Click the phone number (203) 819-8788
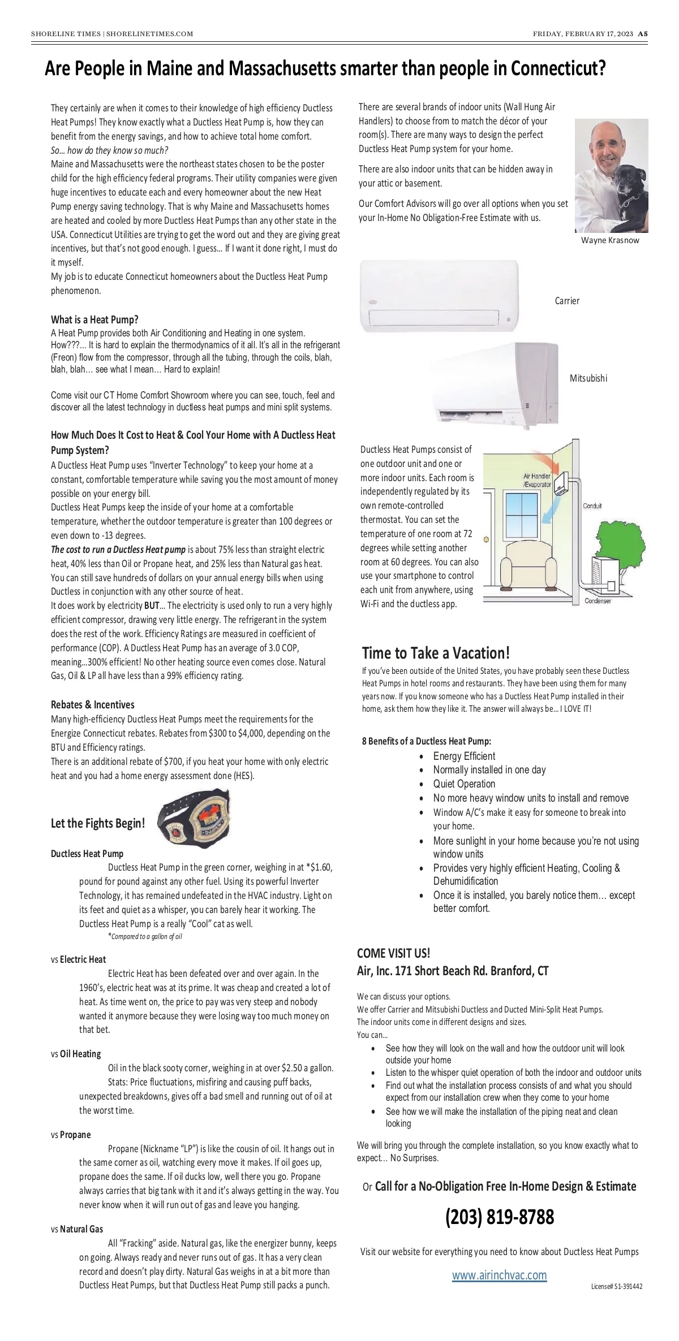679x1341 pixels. tap(500, 1216)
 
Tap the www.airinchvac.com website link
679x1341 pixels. tap(499, 1275)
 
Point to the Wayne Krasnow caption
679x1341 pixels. tap(610, 240)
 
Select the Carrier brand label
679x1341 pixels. tap(567, 301)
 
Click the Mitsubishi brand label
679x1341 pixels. tap(588, 378)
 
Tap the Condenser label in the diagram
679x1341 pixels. tap(598, 601)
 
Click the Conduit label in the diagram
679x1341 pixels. tap(592, 506)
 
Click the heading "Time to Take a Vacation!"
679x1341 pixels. tap(436, 653)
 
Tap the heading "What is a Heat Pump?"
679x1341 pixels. tap(94, 319)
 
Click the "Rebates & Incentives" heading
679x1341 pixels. tap(93, 704)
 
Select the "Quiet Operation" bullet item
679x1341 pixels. tap(464, 784)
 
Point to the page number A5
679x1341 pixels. tap(643, 34)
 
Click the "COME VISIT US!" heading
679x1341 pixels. tap(393, 953)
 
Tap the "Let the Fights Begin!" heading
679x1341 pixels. tap(98, 823)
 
